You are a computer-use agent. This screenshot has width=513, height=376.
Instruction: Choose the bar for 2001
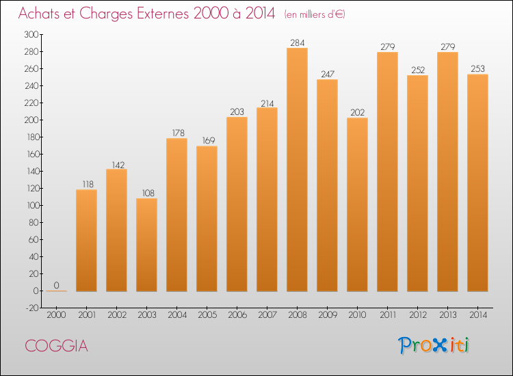pos(86,240)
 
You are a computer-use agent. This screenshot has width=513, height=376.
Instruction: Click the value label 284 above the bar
pos(297,42)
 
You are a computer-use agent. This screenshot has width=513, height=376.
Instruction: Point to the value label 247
pos(327,74)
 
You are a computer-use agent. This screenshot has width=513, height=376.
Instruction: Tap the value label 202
pos(357,112)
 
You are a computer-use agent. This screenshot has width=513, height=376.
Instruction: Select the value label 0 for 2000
pos(56,285)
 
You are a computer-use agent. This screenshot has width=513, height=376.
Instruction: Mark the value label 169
pos(207,140)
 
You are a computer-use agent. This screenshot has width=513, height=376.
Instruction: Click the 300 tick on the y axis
pos(31,34)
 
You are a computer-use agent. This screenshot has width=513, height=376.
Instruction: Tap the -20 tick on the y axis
pos(31,308)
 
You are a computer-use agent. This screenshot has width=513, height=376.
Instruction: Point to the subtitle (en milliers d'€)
pos(315,14)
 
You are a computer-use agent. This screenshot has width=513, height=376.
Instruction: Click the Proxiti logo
pos(434,345)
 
